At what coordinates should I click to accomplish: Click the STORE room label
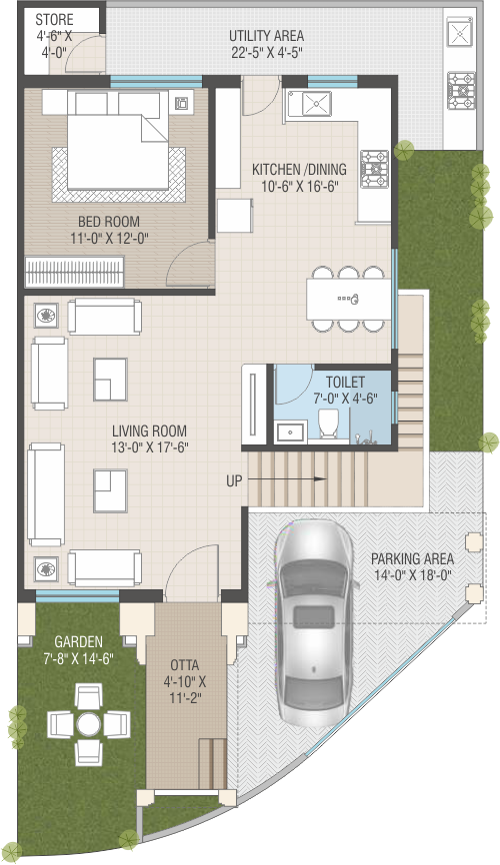click(54, 20)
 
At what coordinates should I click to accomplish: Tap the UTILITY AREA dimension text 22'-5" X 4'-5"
click(267, 52)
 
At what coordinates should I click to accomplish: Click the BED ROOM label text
click(108, 222)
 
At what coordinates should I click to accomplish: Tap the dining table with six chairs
click(349, 299)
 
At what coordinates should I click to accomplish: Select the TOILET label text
click(345, 382)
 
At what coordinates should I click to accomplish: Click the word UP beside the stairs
click(234, 481)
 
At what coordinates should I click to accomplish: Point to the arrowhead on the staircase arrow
click(320, 478)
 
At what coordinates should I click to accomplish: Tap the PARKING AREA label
click(412, 558)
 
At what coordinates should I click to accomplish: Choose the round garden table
click(88, 724)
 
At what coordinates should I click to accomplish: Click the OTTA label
click(185, 665)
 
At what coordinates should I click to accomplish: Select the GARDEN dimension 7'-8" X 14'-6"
click(78, 658)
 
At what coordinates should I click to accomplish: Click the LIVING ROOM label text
click(149, 431)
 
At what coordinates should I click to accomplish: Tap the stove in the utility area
click(461, 91)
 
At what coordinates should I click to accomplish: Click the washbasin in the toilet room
click(291, 432)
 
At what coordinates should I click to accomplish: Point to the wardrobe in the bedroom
click(75, 272)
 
